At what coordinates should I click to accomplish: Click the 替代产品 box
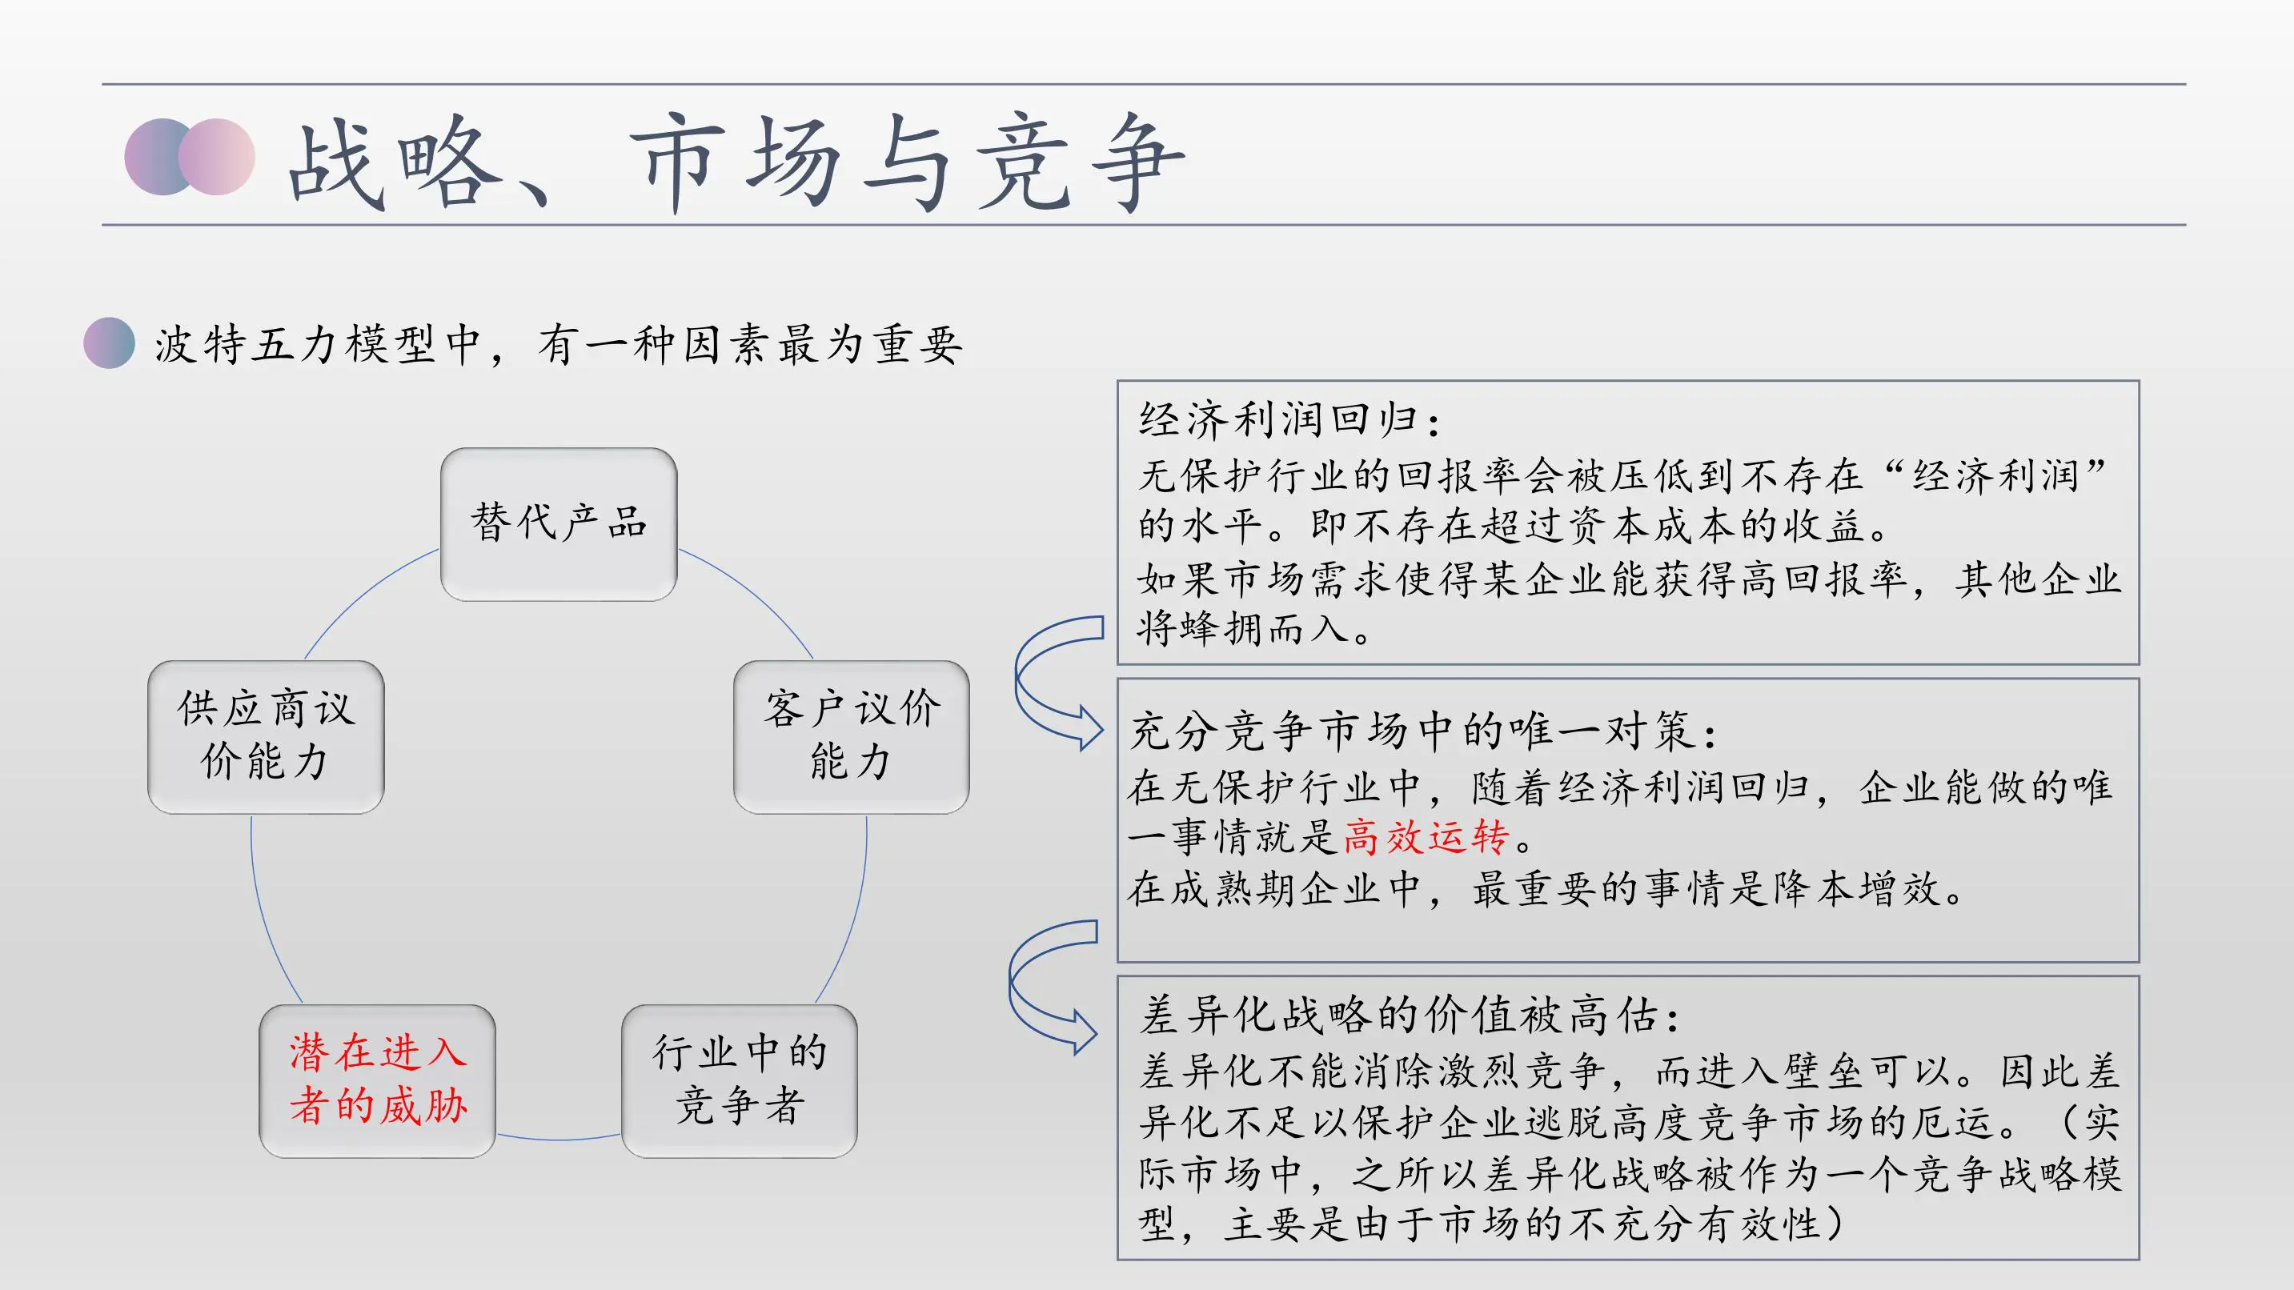coord(559,523)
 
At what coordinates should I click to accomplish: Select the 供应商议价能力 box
coord(266,736)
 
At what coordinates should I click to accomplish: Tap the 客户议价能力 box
coord(851,736)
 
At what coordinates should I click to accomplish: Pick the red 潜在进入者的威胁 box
coord(377,1081)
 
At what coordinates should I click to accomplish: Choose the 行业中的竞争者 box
coord(739,1081)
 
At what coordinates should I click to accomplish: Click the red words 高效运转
coord(1425,838)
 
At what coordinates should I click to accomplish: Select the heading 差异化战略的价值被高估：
coord(1410,1016)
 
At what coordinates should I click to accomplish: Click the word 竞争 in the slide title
coord(1081,165)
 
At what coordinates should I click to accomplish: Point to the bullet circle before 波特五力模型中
coord(109,343)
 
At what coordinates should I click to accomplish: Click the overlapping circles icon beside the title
coord(190,157)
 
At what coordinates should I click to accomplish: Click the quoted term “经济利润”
coord(1995,475)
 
